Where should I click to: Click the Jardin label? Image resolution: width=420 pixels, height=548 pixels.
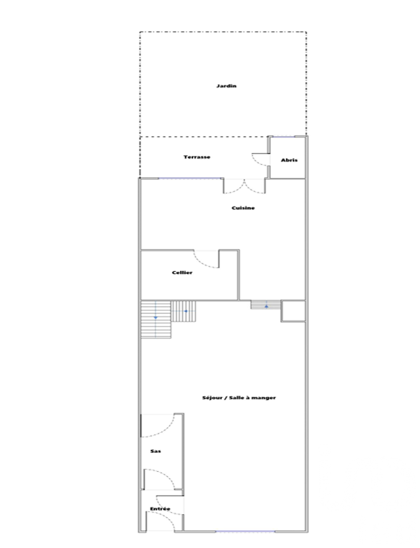[226, 86]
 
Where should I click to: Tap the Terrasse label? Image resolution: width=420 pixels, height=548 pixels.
[197, 157]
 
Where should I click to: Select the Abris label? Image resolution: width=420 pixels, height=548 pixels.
[289, 160]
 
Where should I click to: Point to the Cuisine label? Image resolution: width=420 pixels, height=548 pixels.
[243, 208]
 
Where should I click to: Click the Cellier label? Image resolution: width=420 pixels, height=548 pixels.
[182, 273]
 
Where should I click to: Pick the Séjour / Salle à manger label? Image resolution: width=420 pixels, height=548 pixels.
[239, 398]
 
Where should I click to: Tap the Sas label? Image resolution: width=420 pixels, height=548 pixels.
[155, 451]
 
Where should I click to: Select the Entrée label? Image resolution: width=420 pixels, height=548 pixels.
[160, 509]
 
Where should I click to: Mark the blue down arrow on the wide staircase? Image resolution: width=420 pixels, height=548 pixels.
[156, 317]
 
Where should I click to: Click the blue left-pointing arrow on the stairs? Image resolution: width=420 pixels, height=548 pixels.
[185, 311]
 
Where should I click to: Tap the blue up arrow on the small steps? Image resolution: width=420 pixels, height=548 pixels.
[266, 306]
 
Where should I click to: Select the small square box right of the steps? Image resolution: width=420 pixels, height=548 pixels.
[293, 311]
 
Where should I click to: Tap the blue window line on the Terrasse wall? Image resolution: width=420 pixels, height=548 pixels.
[190, 179]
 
